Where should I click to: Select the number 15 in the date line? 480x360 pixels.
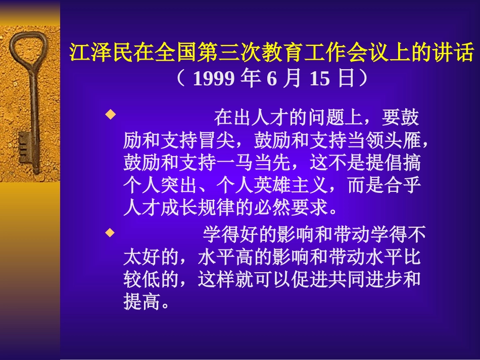click(x=319, y=79)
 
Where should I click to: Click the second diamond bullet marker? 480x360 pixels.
click(x=108, y=233)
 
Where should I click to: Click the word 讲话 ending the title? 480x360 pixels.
click(x=461, y=53)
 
